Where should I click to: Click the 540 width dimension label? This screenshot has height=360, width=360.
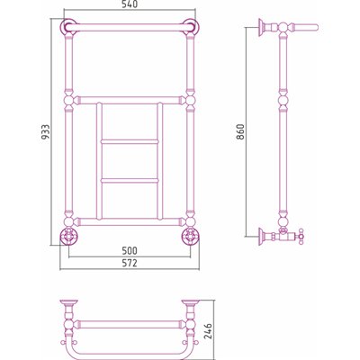click(130, 4)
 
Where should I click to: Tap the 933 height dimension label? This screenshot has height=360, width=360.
click(45, 132)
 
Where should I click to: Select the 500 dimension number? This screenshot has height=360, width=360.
click(130, 250)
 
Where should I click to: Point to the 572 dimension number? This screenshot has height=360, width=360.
click(130, 263)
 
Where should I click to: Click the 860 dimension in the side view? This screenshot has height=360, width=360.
click(240, 132)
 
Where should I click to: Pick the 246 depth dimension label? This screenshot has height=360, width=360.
click(208, 331)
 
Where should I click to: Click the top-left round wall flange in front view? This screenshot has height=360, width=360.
click(68, 27)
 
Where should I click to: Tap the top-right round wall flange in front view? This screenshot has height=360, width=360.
click(191, 27)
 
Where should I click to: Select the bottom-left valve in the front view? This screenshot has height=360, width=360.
click(69, 237)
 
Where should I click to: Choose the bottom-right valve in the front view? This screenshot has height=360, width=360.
click(190, 237)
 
